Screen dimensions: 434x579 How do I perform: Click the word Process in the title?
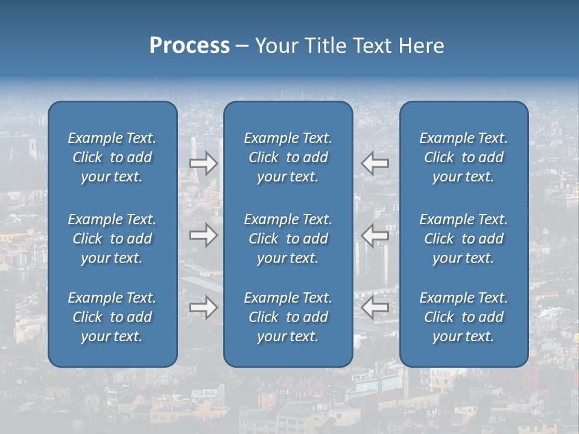[x=189, y=46]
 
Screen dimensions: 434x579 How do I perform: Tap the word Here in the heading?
[x=422, y=46]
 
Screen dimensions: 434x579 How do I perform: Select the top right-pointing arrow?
[x=203, y=163]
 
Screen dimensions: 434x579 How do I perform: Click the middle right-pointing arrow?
[x=203, y=235]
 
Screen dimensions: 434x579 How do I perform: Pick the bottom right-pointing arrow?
[x=203, y=307]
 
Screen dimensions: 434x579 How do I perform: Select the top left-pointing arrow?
[x=375, y=163]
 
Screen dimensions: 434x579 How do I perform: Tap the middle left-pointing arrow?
[x=375, y=235]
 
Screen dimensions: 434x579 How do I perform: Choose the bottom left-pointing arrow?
[x=375, y=307]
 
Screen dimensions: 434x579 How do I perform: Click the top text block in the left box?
[x=112, y=157]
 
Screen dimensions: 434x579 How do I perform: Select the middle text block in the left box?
[x=112, y=239]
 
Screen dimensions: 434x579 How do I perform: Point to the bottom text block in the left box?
[x=112, y=317]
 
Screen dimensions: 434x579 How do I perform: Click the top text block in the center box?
[x=288, y=157]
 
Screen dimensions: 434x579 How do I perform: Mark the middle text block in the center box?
[x=288, y=239]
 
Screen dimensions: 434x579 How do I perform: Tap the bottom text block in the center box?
[x=288, y=317]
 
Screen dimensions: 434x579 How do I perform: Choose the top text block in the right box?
[x=463, y=157]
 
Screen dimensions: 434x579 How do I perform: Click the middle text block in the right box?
[x=463, y=239]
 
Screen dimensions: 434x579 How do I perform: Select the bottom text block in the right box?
[x=463, y=317]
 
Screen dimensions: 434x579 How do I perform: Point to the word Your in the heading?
[x=276, y=46]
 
